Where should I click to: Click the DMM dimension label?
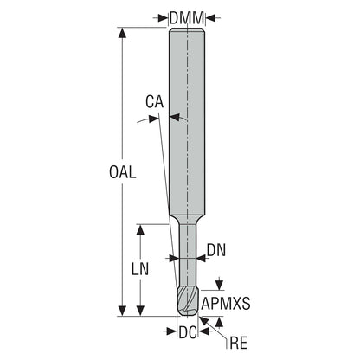[187, 18]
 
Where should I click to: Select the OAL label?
[122, 172]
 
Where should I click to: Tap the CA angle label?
[154, 102]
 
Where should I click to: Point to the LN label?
[140, 269]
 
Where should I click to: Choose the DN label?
[216, 250]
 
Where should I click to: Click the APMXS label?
[226, 304]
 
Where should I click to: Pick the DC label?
[188, 332]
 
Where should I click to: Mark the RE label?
[238, 344]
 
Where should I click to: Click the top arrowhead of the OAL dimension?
[123, 33]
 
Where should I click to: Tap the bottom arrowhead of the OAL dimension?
[123, 311]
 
